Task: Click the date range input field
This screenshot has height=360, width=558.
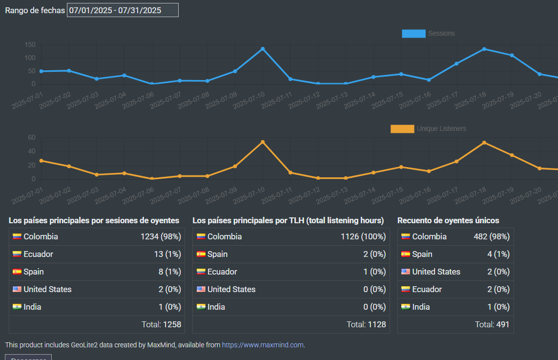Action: [x=123, y=10]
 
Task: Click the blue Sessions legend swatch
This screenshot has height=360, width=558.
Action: [x=413, y=34]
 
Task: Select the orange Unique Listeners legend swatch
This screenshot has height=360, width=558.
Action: [x=402, y=129]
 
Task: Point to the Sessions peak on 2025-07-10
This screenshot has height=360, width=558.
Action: [x=263, y=49]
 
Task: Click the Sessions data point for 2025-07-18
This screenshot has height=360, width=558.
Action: [x=484, y=49]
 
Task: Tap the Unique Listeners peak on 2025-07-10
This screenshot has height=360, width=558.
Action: [x=263, y=142]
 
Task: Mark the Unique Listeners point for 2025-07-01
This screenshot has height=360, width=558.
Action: [x=41, y=161]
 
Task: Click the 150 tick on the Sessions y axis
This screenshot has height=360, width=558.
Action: [x=30, y=45]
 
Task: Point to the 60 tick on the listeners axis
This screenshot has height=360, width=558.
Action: [x=32, y=138]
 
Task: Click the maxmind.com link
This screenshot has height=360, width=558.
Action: [x=263, y=345]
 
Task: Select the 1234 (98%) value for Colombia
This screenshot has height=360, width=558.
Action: [x=161, y=237]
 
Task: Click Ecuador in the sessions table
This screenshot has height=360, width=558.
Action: [x=38, y=254]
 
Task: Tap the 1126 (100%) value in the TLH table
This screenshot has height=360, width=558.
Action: [x=363, y=237]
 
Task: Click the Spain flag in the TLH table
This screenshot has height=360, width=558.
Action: [x=201, y=254]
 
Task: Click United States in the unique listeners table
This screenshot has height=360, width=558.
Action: [x=436, y=272]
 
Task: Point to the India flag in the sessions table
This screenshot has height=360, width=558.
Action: [x=17, y=307]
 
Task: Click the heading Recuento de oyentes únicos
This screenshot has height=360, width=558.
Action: [x=448, y=221]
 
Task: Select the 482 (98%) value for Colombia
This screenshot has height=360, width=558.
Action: [x=491, y=237]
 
